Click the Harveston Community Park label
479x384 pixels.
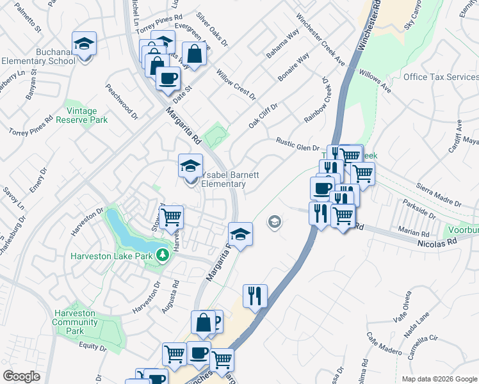click(x=75, y=322)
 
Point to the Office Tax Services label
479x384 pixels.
click(x=441, y=77)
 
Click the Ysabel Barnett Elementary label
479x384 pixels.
click(x=222, y=179)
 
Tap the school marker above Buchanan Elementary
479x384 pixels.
click(x=84, y=44)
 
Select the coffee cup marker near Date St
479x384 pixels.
click(x=168, y=79)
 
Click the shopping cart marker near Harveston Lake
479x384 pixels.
click(x=171, y=217)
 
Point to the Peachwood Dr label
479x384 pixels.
click(x=122, y=101)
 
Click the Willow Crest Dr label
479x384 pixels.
click(x=236, y=85)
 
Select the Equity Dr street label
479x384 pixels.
click(x=92, y=346)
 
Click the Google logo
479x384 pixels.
click(x=22, y=376)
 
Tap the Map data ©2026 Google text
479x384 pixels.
click(x=439, y=379)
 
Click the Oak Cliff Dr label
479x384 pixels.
click(x=263, y=116)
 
